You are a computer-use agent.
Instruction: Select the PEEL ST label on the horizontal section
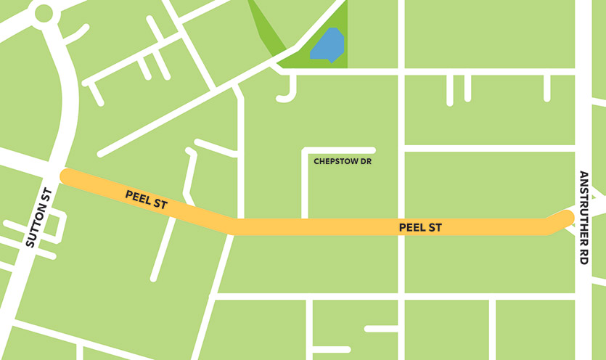tap(420, 228)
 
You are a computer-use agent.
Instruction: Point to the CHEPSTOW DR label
tap(342, 161)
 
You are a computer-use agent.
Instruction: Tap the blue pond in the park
tap(328, 45)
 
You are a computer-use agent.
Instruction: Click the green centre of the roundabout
tap(43, 13)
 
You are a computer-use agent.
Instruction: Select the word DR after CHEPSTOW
tap(366, 161)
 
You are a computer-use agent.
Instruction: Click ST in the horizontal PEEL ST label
tap(435, 228)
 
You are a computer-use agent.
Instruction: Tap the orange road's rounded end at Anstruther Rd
tap(566, 217)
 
